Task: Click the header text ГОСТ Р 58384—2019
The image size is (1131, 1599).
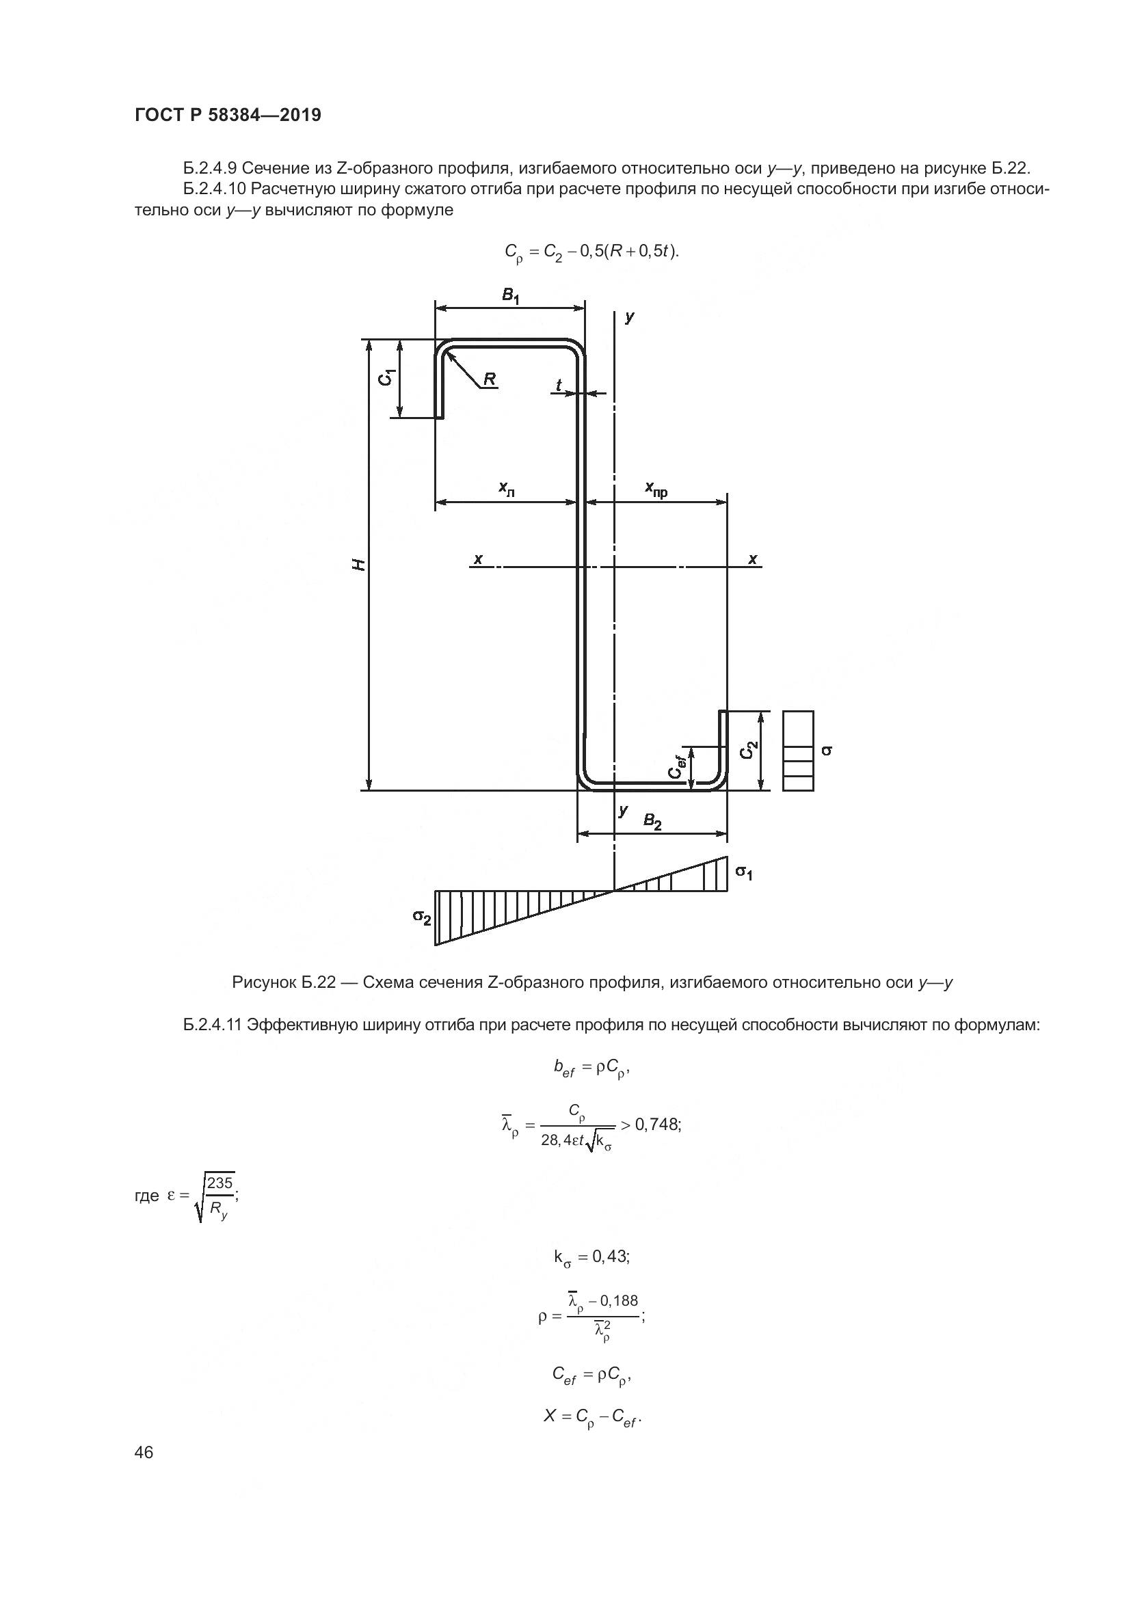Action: pyautogui.click(x=228, y=116)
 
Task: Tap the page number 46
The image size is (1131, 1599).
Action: pyautogui.click(x=144, y=1452)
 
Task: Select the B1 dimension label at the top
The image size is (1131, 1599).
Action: pyautogui.click(x=511, y=296)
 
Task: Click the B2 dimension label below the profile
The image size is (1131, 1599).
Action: pyautogui.click(x=652, y=822)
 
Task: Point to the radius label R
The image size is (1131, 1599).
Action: pyautogui.click(x=490, y=379)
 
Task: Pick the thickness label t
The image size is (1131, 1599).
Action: pyautogui.click(x=559, y=385)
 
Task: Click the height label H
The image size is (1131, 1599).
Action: pyautogui.click(x=358, y=565)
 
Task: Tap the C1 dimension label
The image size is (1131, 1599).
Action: pyautogui.click(x=387, y=377)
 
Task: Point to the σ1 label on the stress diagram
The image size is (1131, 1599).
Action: pyautogui.click(x=744, y=872)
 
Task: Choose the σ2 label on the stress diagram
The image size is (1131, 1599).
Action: pyautogui.click(x=421, y=918)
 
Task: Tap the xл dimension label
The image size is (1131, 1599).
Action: pyautogui.click(x=506, y=489)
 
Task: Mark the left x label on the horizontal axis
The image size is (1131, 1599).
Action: pyautogui.click(x=478, y=559)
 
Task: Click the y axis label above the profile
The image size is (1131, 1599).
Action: pyautogui.click(x=630, y=318)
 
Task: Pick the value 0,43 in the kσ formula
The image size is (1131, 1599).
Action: pyautogui.click(x=610, y=1257)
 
